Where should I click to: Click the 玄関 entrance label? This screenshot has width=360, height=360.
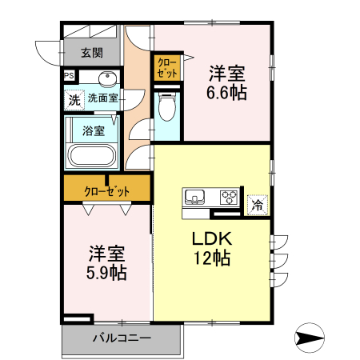(x=92, y=54)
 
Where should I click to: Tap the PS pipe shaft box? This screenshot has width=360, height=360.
(x=70, y=78)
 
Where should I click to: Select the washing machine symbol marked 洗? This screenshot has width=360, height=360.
(x=73, y=101)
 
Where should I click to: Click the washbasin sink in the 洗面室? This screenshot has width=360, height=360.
(x=107, y=78)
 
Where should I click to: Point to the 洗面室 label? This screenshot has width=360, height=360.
(x=102, y=99)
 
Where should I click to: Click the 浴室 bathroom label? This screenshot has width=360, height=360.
(x=93, y=130)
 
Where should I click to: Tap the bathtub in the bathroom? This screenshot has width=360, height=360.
(x=93, y=155)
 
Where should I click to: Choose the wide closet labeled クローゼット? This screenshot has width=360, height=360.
(x=107, y=190)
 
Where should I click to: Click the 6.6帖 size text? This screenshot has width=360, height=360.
(x=226, y=93)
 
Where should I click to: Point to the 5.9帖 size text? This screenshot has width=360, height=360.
(x=108, y=272)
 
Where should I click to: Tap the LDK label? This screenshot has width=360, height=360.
(x=210, y=239)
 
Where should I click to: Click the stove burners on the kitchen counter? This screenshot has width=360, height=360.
(x=229, y=197)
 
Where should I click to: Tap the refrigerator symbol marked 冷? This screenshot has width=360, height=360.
(x=257, y=205)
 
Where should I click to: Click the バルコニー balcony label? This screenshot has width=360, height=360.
(x=122, y=338)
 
